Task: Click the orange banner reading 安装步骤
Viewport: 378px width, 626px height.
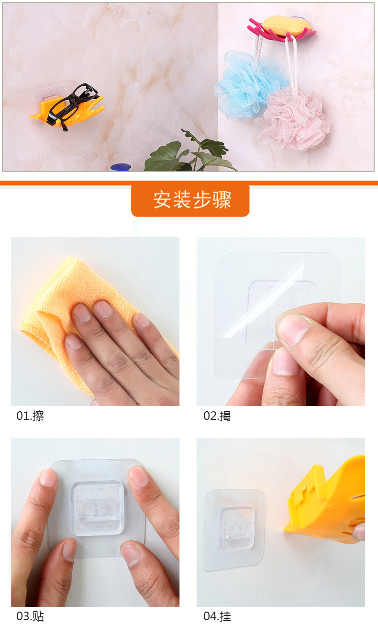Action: (x=190, y=200)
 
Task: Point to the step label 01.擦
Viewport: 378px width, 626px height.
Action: (x=30, y=416)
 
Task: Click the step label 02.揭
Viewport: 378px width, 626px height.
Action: (x=217, y=416)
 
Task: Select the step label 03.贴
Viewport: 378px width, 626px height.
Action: (x=30, y=616)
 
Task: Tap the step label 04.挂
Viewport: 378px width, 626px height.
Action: (x=217, y=616)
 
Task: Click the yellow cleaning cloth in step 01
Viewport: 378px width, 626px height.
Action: (x=53, y=307)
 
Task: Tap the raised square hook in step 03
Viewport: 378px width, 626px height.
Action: (x=97, y=508)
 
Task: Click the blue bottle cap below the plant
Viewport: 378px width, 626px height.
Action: (x=121, y=167)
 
